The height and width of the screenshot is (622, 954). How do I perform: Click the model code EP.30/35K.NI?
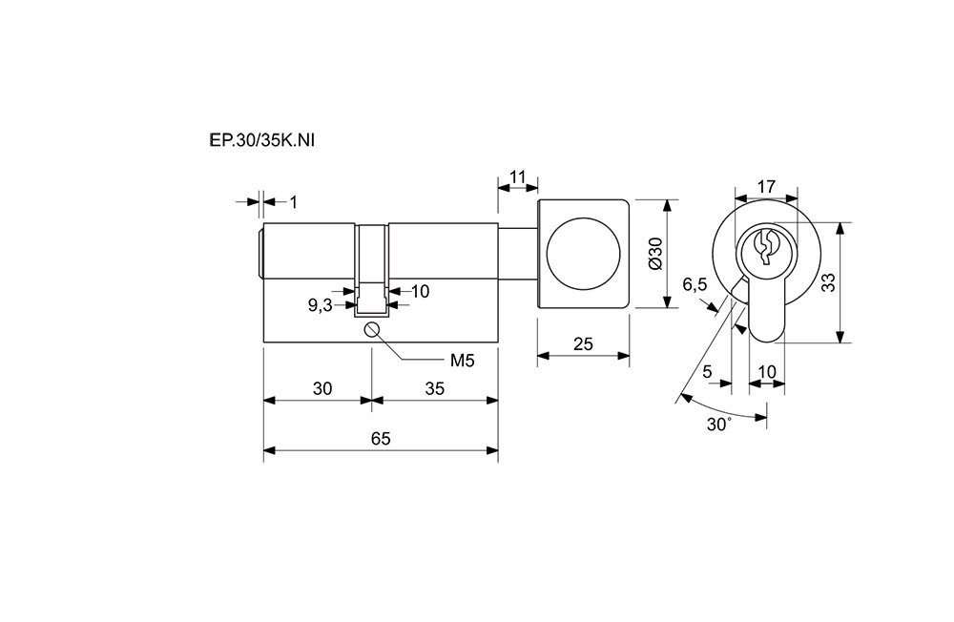(x=261, y=140)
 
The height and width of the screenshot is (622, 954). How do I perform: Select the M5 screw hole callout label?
(x=462, y=360)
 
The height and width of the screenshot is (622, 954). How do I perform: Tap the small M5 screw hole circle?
(x=371, y=330)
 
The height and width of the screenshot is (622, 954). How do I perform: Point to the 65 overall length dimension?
(x=381, y=438)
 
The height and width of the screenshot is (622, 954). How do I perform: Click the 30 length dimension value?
(x=322, y=388)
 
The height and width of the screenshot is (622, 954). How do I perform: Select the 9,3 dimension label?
(x=320, y=305)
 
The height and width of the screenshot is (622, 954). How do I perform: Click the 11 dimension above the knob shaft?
(x=518, y=176)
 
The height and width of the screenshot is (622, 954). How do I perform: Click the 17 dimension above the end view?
(x=765, y=186)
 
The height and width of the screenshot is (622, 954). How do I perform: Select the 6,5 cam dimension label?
(x=695, y=284)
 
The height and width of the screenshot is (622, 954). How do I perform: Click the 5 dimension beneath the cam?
(x=708, y=371)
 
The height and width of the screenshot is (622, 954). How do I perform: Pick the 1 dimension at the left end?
(x=294, y=201)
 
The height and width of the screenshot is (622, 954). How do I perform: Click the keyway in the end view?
(x=764, y=246)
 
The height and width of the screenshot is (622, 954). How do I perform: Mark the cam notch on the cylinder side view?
(x=372, y=298)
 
